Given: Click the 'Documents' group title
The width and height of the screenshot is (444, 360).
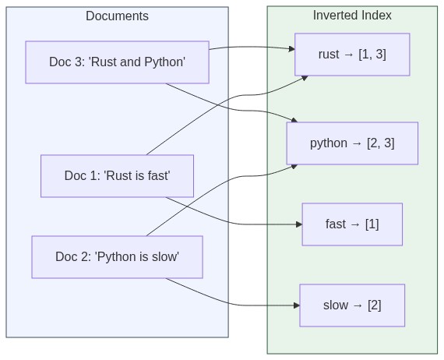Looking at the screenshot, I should click(117, 16).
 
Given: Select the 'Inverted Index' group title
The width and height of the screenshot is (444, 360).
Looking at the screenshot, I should click(352, 16).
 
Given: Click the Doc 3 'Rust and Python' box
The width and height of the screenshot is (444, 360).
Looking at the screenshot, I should click(117, 62).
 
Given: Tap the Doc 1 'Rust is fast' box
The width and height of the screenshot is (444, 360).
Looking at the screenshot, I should click(117, 176).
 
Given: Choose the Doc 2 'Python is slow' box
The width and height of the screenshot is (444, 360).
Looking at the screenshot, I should click(117, 257).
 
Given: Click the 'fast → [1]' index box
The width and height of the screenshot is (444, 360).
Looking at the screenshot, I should click(352, 224).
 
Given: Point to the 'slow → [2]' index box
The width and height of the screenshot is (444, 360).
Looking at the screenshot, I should click(352, 305).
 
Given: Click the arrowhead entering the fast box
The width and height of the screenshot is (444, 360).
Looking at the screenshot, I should click(298, 224).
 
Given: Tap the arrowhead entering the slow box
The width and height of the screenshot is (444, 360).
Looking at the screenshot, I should click(296, 305).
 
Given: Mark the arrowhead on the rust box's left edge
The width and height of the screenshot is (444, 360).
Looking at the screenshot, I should click(291, 49).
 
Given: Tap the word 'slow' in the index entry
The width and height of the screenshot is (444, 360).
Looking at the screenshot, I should click(335, 305).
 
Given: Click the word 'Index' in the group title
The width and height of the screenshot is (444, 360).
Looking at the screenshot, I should click(376, 16).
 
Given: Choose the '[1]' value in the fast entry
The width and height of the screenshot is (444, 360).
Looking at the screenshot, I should click(371, 224).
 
